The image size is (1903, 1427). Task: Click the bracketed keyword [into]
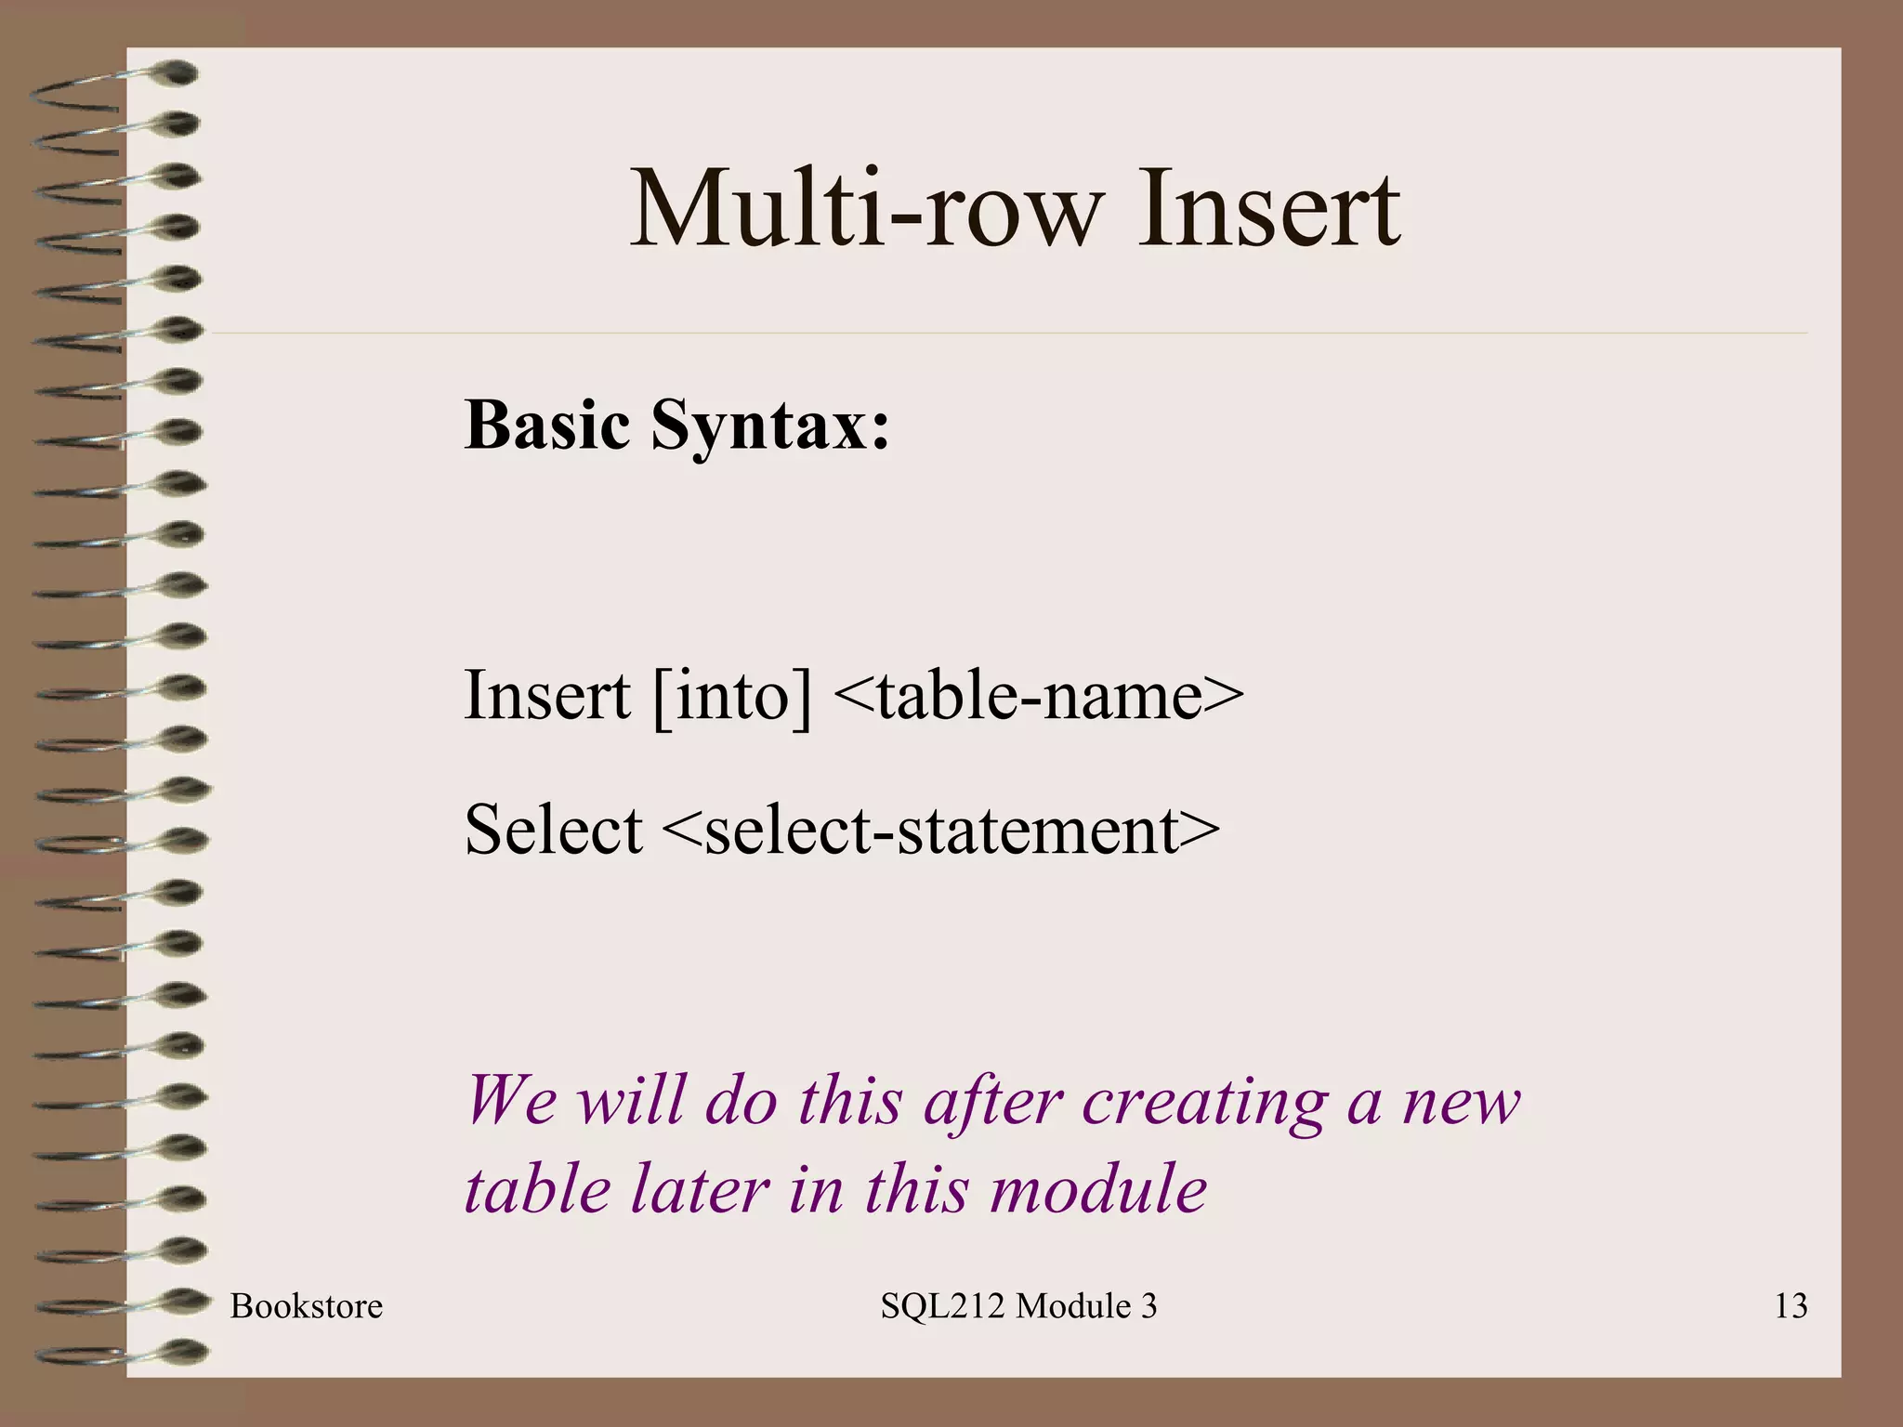(732, 697)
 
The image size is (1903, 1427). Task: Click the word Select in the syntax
(553, 829)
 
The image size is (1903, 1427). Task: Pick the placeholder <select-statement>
(940, 831)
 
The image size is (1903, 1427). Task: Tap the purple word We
(510, 1100)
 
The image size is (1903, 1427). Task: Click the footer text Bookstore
(306, 1306)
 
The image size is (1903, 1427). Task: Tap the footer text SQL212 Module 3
(1018, 1306)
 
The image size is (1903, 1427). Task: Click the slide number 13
(1790, 1306)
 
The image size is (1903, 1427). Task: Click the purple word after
(991, 1102)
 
